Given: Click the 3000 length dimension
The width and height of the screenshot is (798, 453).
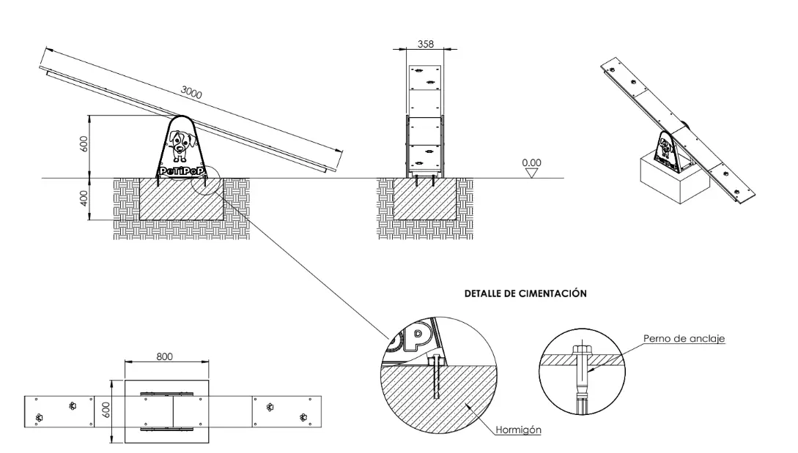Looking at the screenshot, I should pos(191,93).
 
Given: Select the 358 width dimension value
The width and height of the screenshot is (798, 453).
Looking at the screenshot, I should pos(425,44).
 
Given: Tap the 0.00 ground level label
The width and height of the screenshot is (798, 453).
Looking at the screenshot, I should pos(531,162).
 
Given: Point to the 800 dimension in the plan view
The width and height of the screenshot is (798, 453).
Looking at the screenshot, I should pos(165,356).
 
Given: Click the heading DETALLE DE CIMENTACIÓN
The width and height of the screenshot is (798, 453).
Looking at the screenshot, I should pos(525,293).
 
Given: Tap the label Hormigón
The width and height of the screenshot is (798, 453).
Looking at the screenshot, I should pos(518,430).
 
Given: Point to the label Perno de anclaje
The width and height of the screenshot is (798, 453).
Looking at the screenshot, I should pos(684,339).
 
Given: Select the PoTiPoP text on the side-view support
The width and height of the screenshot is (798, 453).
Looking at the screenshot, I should pos(182,171).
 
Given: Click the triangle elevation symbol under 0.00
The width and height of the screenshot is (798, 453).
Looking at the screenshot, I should pos(531,173).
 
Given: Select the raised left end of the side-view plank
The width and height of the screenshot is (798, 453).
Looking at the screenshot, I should pos(45,69).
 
